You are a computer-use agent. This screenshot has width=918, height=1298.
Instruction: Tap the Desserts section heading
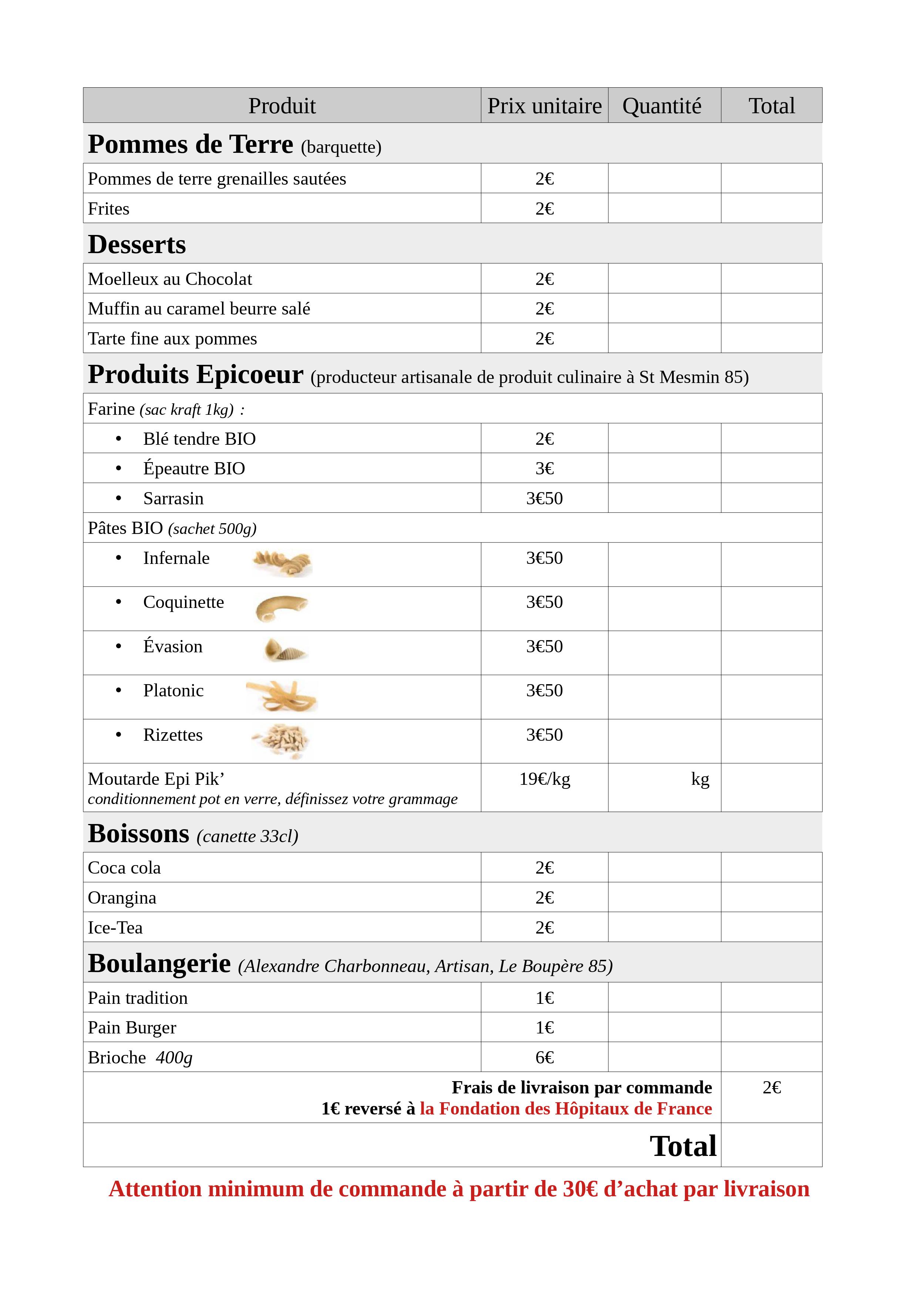pyautogui.click(x=137, y=244)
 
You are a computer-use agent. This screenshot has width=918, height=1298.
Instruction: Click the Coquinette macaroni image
pyautogui.click(x=281, y=608)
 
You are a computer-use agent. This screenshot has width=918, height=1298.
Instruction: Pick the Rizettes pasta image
pyautogui.click(x=281, y=741)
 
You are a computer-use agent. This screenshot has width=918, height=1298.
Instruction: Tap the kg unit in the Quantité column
pyautogui.click(x=700, y=779)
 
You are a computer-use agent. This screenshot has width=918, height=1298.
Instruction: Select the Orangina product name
pyautogui.click(x=122, y=898)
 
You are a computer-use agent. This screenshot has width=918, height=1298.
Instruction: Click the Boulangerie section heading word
pyautogui.click(x=159, y=963)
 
